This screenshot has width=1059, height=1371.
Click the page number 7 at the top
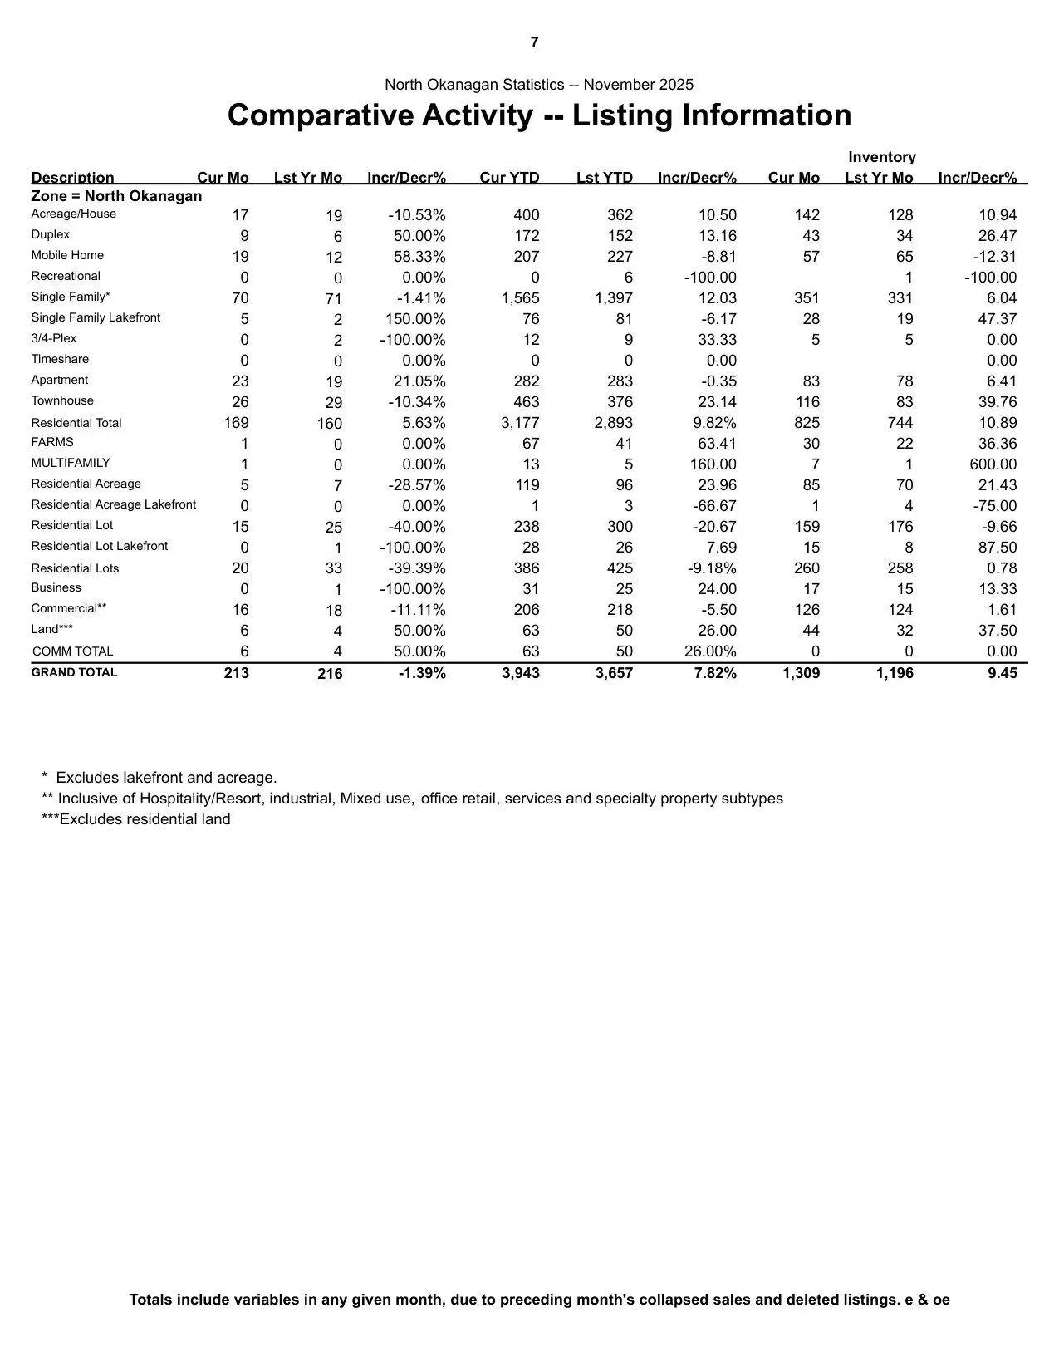534,42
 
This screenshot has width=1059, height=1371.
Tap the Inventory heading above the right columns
881,157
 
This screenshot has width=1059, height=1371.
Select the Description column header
72,178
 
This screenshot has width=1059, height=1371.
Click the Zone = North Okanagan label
116,196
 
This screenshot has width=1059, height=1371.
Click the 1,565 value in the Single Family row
520,298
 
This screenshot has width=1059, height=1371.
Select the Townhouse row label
62,401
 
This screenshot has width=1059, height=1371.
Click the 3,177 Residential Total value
520,423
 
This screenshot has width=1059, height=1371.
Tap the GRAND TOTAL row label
74,672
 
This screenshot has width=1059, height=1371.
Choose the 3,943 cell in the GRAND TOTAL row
520,673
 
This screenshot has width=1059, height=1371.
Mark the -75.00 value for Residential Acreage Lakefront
995,506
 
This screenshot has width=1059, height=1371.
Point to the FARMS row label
52,443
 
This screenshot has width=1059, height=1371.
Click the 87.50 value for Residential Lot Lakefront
998,548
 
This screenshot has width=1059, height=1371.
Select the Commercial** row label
69,609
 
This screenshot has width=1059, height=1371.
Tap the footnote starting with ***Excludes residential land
136,819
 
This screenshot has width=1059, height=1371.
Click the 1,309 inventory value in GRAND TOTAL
801,673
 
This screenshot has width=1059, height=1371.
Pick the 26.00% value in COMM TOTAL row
710,651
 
